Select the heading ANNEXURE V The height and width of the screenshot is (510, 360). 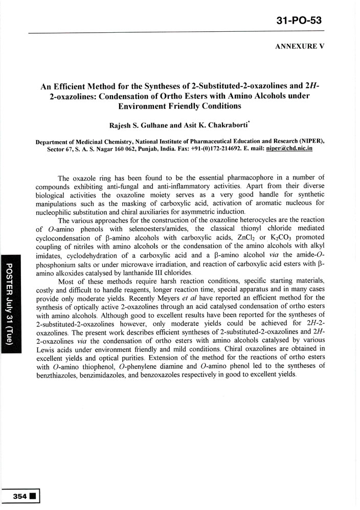pos(300,46)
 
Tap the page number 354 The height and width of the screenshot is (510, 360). pos(20,496)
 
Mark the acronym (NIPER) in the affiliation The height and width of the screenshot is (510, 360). pos(309,139)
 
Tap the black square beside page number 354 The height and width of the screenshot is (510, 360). pos(33,496)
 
